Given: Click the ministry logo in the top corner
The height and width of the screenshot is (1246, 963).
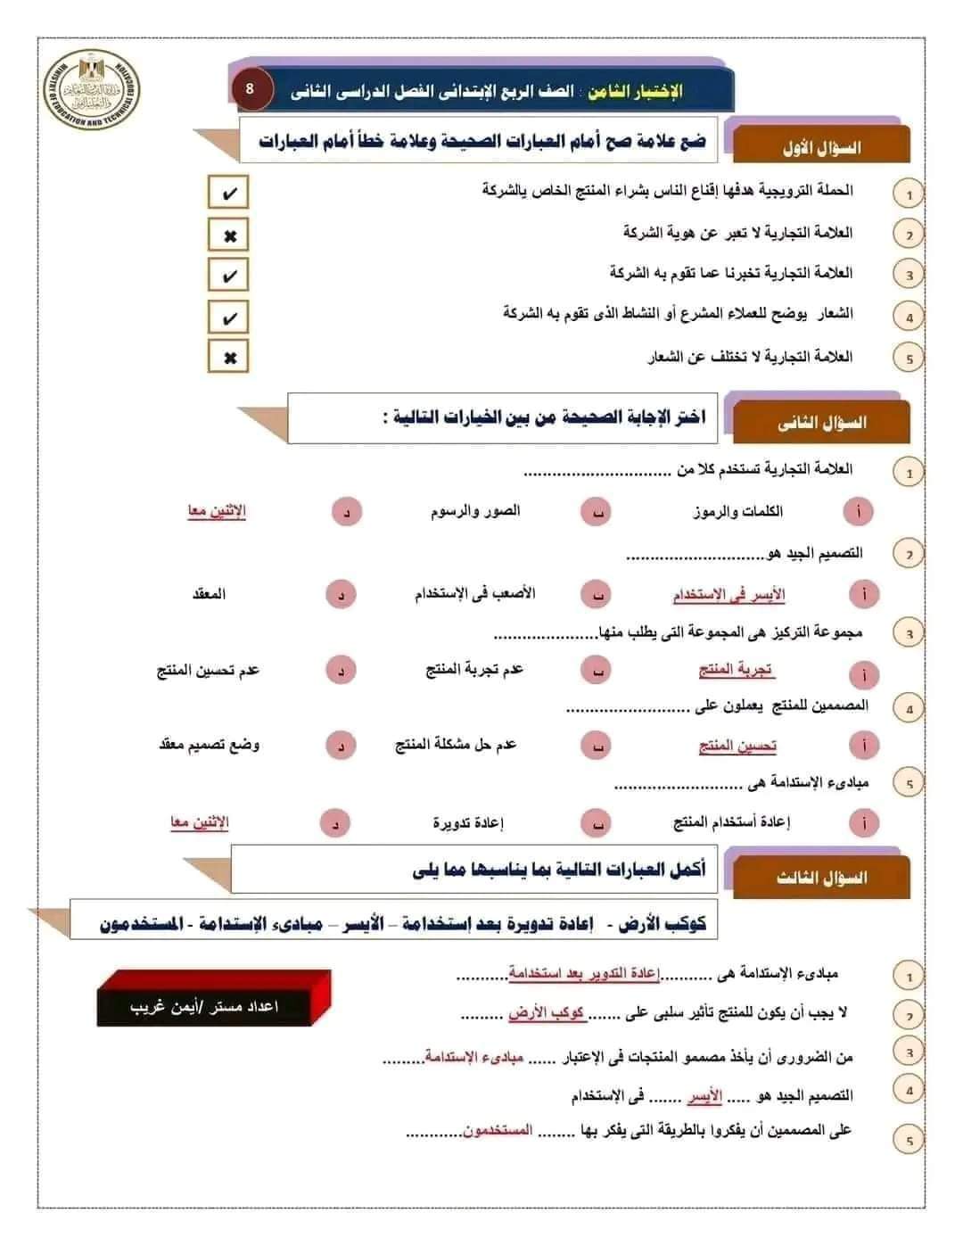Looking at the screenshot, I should point(92,91).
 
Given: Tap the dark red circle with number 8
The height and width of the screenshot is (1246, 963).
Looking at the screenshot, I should point(250,89).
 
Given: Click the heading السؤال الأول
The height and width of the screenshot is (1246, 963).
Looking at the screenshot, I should point(821,147).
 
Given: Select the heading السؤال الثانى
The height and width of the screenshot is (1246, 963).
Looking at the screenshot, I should point(821,422).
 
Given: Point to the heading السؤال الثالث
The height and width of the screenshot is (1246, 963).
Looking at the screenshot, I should point(821,878).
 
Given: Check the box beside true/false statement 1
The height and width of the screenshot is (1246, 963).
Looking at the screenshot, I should point(228,193).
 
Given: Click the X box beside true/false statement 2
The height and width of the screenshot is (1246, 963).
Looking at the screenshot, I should point(228,235).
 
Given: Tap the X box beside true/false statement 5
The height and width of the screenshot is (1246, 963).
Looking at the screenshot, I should point(228,357).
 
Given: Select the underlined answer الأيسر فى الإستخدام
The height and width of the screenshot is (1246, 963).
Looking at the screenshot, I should point(728,595).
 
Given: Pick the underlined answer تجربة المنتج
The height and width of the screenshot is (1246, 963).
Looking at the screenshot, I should point(736,670).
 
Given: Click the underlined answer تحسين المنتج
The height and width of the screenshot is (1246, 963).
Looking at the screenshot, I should point(737,745).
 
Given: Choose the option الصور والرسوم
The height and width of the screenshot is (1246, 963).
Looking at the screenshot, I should point(474,511).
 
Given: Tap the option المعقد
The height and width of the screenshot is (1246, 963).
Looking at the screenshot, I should point(209,594).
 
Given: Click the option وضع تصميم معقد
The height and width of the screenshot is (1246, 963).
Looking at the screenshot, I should point(209,745).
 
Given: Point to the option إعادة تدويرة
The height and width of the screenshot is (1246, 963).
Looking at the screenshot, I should point(468,822).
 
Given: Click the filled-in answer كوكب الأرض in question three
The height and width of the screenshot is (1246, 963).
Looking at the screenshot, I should point(546,1013).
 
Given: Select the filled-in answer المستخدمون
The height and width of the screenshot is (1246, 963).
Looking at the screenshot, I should point(498,1130).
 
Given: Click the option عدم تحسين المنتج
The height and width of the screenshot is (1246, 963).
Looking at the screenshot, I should point(208,670).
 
